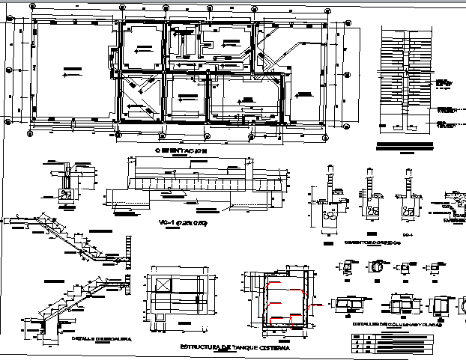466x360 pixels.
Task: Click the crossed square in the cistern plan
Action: (161, 286)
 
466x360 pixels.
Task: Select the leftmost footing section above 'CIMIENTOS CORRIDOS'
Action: (330, 202)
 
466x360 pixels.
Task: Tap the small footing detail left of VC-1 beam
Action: (67, 183)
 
